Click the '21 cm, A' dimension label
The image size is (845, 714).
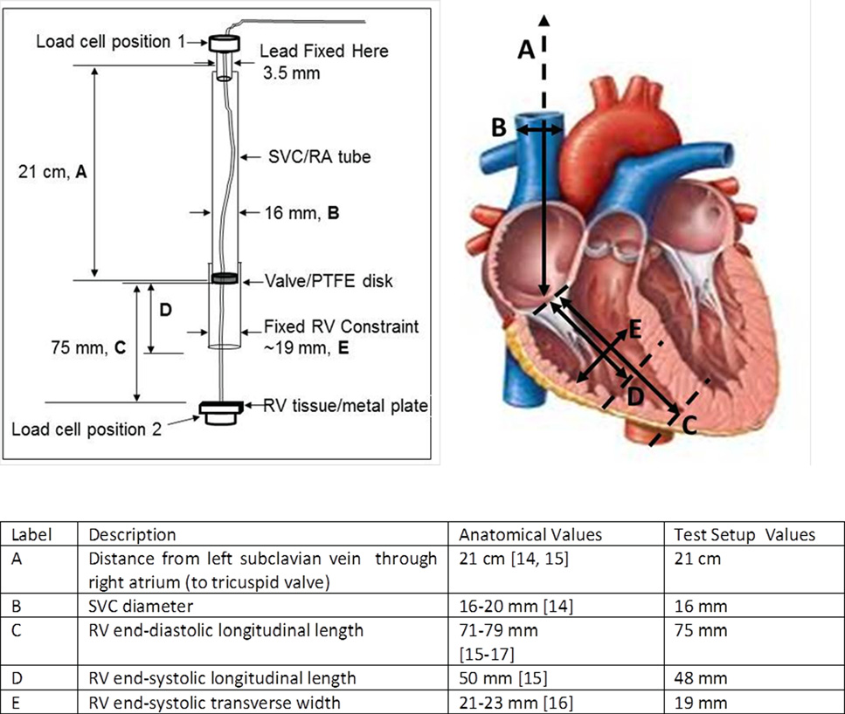pyautogui.click(x=52, y=173)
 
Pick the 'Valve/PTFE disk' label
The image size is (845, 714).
pyautogui.click(x=329, y=281)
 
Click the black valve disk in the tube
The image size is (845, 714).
pyautogui.click(x=224, y=278)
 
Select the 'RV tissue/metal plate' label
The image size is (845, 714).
pyautogui.click(x=347, y=405)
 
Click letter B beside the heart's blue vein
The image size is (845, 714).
pyautogui.click(x=498, y=128)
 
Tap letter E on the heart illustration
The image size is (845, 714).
pyautogui.click(x=635, y=327)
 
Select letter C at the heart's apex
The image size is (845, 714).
pyautogui.click(x=689, y=426)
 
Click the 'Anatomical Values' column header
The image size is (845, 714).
pyautogui.click(x=530, y=534)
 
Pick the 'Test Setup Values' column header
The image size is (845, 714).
pyautogui.click(x=745, y=534)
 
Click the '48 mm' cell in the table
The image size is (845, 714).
pyautogui.click(x=696, y=676)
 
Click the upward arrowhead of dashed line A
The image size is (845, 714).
pyautogui.click(x=545, y=19)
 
